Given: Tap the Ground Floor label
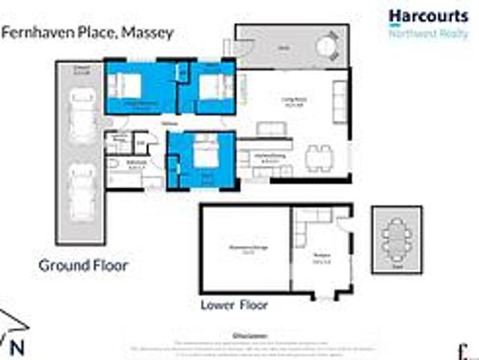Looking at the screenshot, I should (x=82, y=265).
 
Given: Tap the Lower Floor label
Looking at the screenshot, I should (x=234, y=305).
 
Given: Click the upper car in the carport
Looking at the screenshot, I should (x=79, y=116).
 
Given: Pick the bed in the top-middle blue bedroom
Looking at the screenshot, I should (x=212, y=89).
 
